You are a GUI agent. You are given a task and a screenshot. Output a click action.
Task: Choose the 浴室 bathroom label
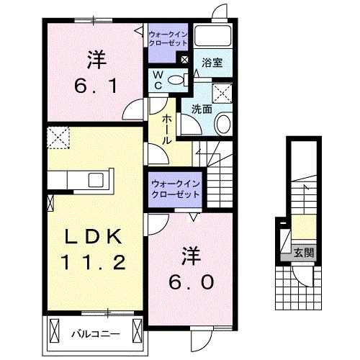(211, 63)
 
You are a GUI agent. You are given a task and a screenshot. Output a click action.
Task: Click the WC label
(157, 79)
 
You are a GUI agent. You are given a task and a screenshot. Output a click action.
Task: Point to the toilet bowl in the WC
(177, 80)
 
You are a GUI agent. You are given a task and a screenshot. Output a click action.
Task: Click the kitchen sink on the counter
(96, 179)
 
